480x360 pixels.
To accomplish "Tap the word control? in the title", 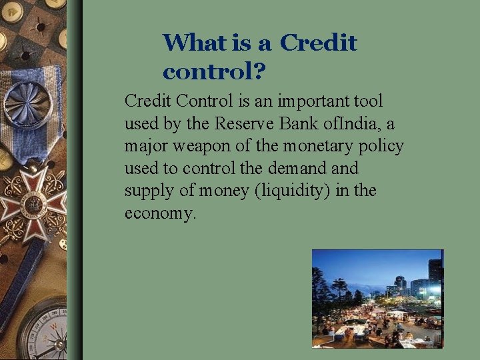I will click(213, 70).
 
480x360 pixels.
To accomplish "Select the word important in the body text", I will click(313, 101).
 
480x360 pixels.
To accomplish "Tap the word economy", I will click(160, 214).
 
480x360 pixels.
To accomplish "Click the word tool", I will click(369, 101).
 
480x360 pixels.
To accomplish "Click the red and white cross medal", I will click(33, 201).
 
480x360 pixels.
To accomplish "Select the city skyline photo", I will click(377, 298).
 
